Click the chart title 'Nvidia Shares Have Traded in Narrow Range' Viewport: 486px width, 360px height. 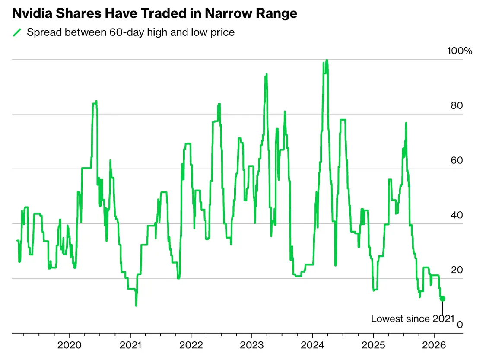coord(155,13)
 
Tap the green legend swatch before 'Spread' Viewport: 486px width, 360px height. coord(17,32)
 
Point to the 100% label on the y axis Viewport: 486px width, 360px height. coord(460,51)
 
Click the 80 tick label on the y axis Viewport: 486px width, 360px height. coord(457,105)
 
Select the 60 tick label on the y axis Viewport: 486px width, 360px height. coord(457,160)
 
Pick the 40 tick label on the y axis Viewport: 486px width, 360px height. coord(457,215)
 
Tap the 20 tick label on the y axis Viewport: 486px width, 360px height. coord(457,270)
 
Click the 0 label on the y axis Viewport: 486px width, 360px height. coord(460,325)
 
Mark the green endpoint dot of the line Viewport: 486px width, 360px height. coord(442,298)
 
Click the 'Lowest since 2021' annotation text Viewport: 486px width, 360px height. coord(413,319)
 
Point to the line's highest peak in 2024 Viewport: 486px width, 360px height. coord(327,60)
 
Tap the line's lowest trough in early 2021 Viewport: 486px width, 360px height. coord(136,306)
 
